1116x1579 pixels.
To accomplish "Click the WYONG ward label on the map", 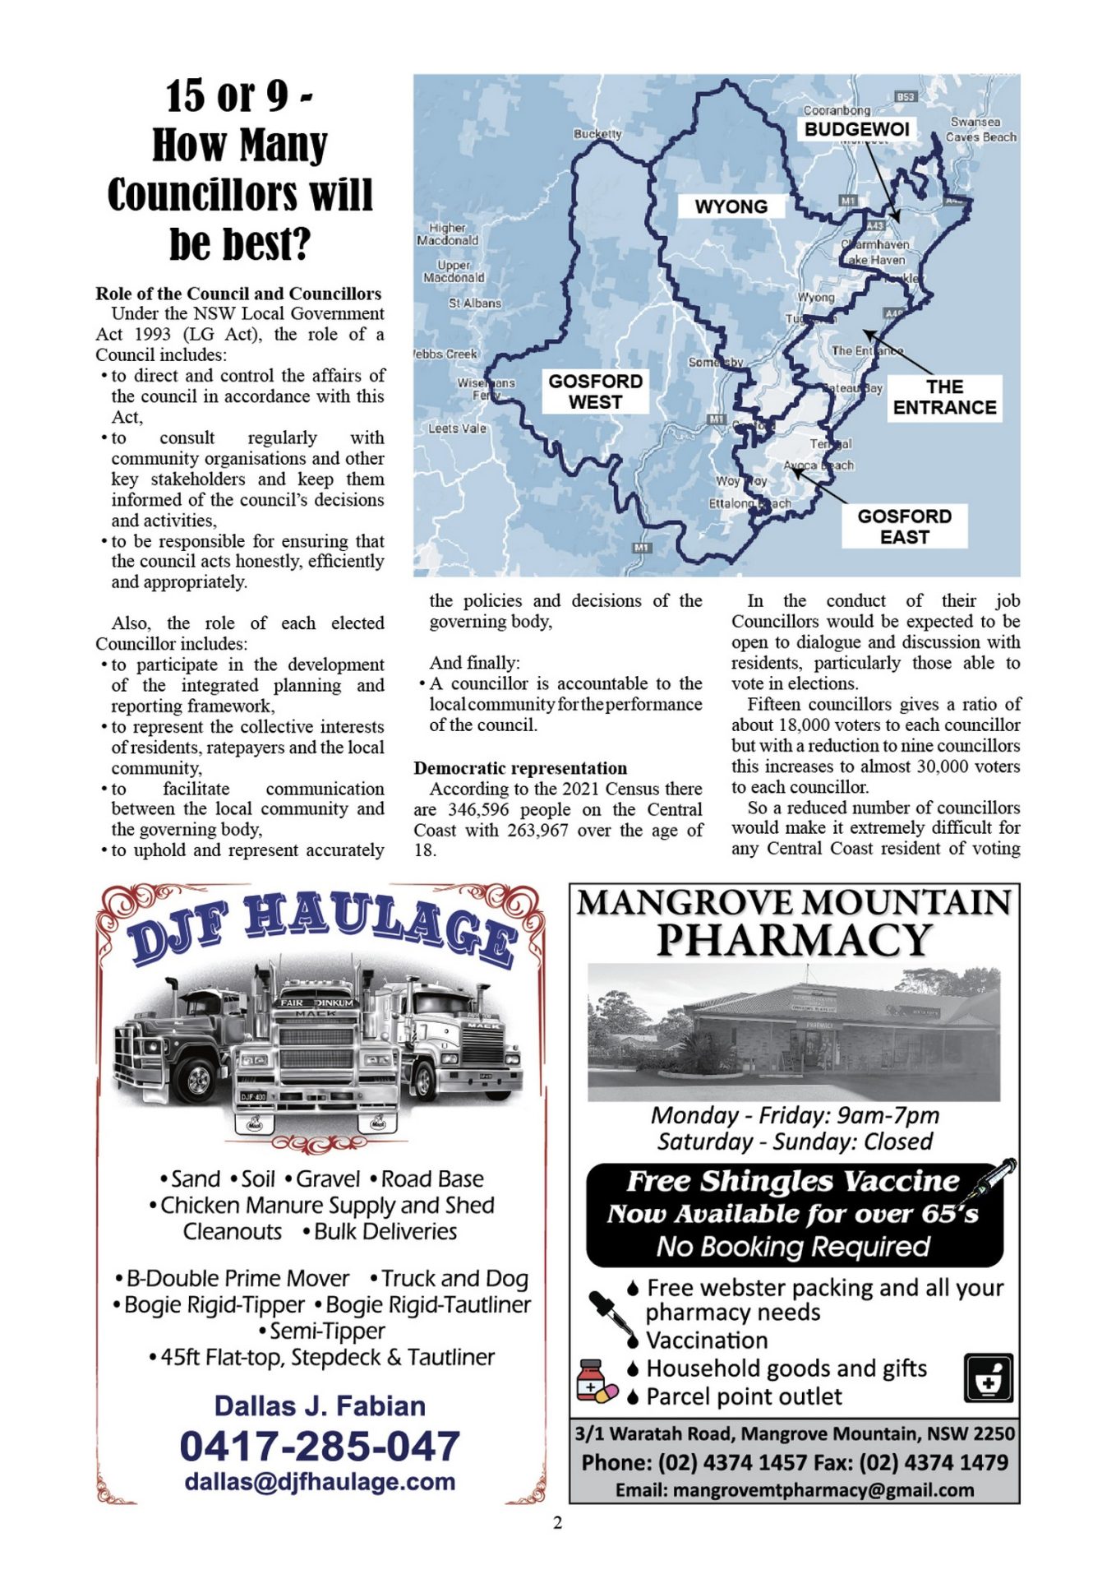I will [731, 206].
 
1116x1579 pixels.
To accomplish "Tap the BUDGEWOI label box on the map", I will [856, 130].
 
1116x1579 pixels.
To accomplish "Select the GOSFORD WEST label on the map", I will [596, 391].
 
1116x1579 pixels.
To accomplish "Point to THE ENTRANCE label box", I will [944, 397].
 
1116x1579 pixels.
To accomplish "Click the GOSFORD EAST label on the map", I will [904, 526].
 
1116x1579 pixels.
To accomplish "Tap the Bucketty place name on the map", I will [597, 133].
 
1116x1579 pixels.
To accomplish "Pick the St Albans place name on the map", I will [474, 303].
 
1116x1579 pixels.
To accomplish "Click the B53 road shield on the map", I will [905, 97].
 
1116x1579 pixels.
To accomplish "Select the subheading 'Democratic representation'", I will [520, 768].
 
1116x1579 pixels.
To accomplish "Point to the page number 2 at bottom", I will [558, 1523].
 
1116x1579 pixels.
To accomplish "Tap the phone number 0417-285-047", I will [320, 1447].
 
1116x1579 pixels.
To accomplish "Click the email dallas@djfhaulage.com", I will [320, 1482].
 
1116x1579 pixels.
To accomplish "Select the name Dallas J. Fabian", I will [320, 1406].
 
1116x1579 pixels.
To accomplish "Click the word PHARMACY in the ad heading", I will [794, 940].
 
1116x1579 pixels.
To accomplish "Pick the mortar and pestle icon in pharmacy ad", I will [988, 1378].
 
